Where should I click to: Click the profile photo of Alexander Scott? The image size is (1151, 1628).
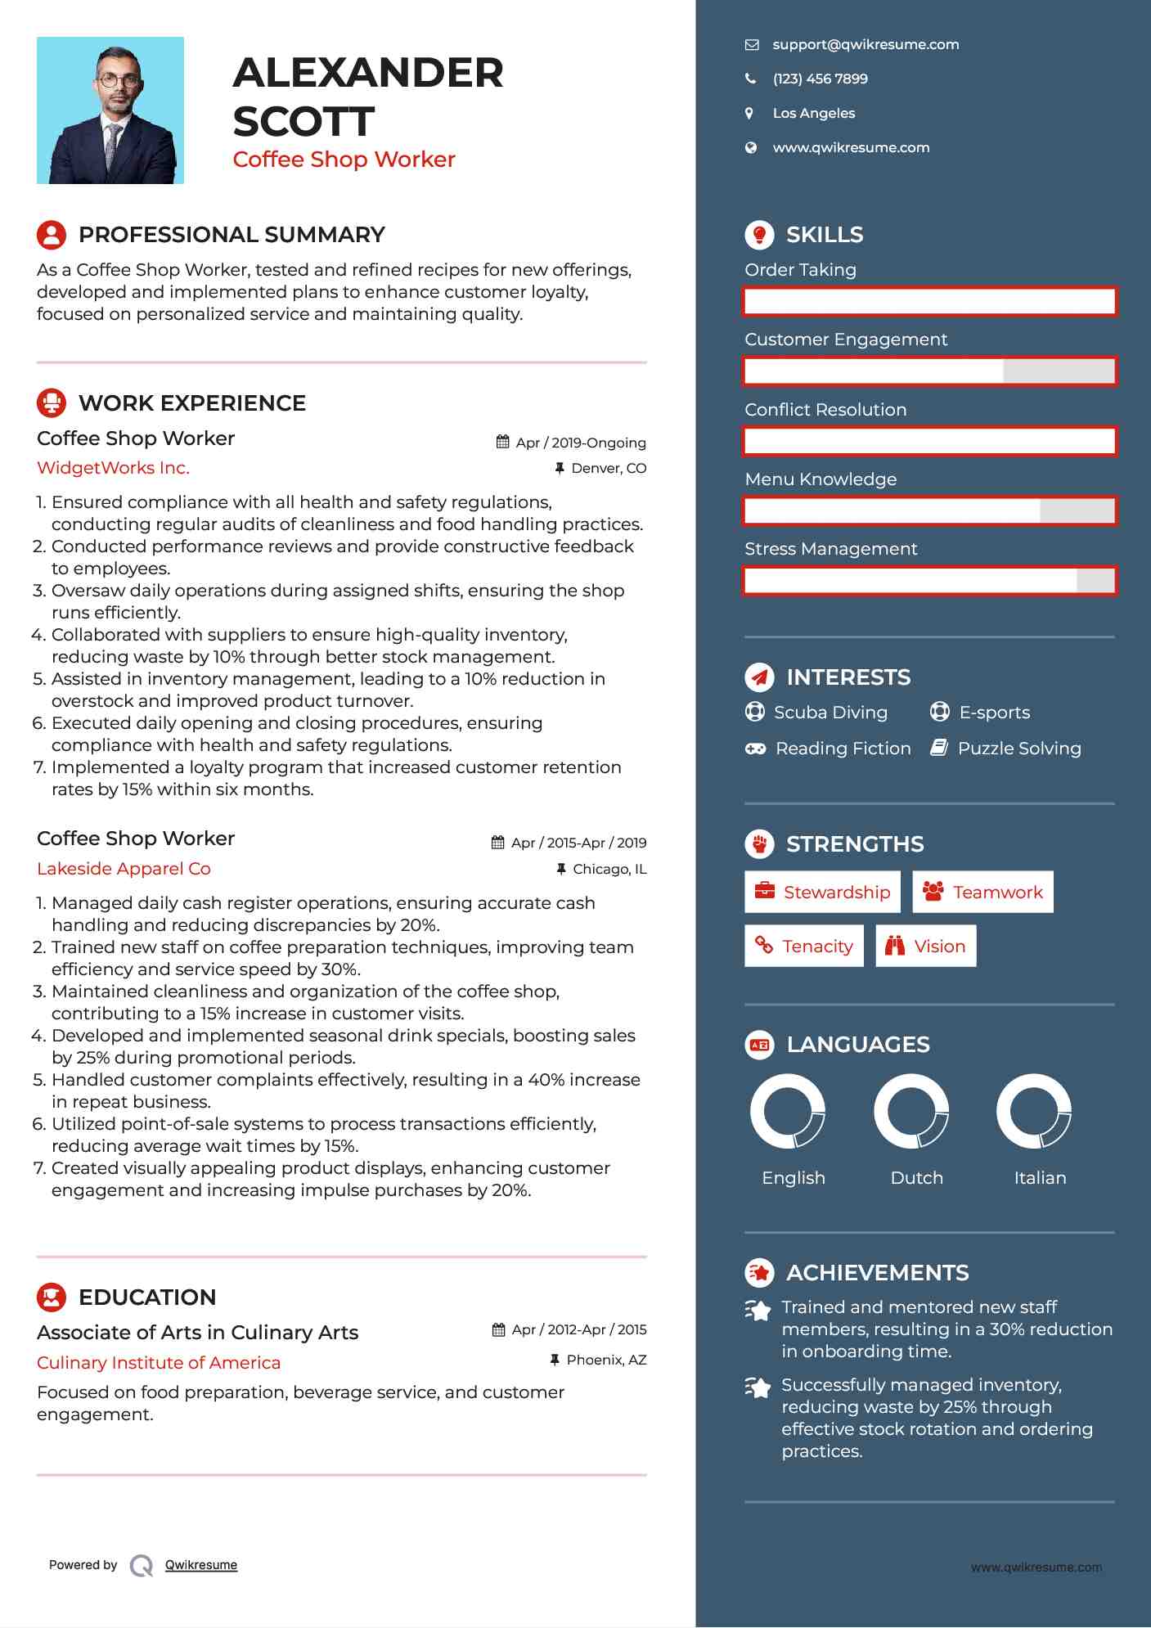[110, 110]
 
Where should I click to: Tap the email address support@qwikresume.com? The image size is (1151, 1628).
[865, 45]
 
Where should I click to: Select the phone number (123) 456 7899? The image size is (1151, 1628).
[820, 79]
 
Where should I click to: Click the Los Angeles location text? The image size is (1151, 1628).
[813, 114]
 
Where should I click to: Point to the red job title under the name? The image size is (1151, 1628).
[344, 160]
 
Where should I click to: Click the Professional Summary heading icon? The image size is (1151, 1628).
[52, 235]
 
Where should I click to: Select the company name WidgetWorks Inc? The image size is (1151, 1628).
[113, 468]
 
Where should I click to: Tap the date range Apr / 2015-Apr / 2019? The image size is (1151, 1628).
[578, 843]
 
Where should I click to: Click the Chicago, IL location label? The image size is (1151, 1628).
[609, 869]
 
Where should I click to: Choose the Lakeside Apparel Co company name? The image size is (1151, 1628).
[124, 869]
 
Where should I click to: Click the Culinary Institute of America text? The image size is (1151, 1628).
[159, 1363]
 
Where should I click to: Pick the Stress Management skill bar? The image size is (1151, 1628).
[929, 581]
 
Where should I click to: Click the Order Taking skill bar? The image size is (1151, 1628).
[929, 302]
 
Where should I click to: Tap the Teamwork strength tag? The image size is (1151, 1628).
[982, 892]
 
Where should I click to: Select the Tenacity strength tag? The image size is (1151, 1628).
[804, 947]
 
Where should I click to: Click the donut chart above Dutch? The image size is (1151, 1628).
[911, 1111]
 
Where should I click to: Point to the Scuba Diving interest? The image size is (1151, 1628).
[830, 713]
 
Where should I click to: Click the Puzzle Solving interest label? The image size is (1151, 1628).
[1018, 749]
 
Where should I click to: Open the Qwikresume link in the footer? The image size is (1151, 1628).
[201, 1565]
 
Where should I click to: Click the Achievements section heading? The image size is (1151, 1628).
[877, 1273]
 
